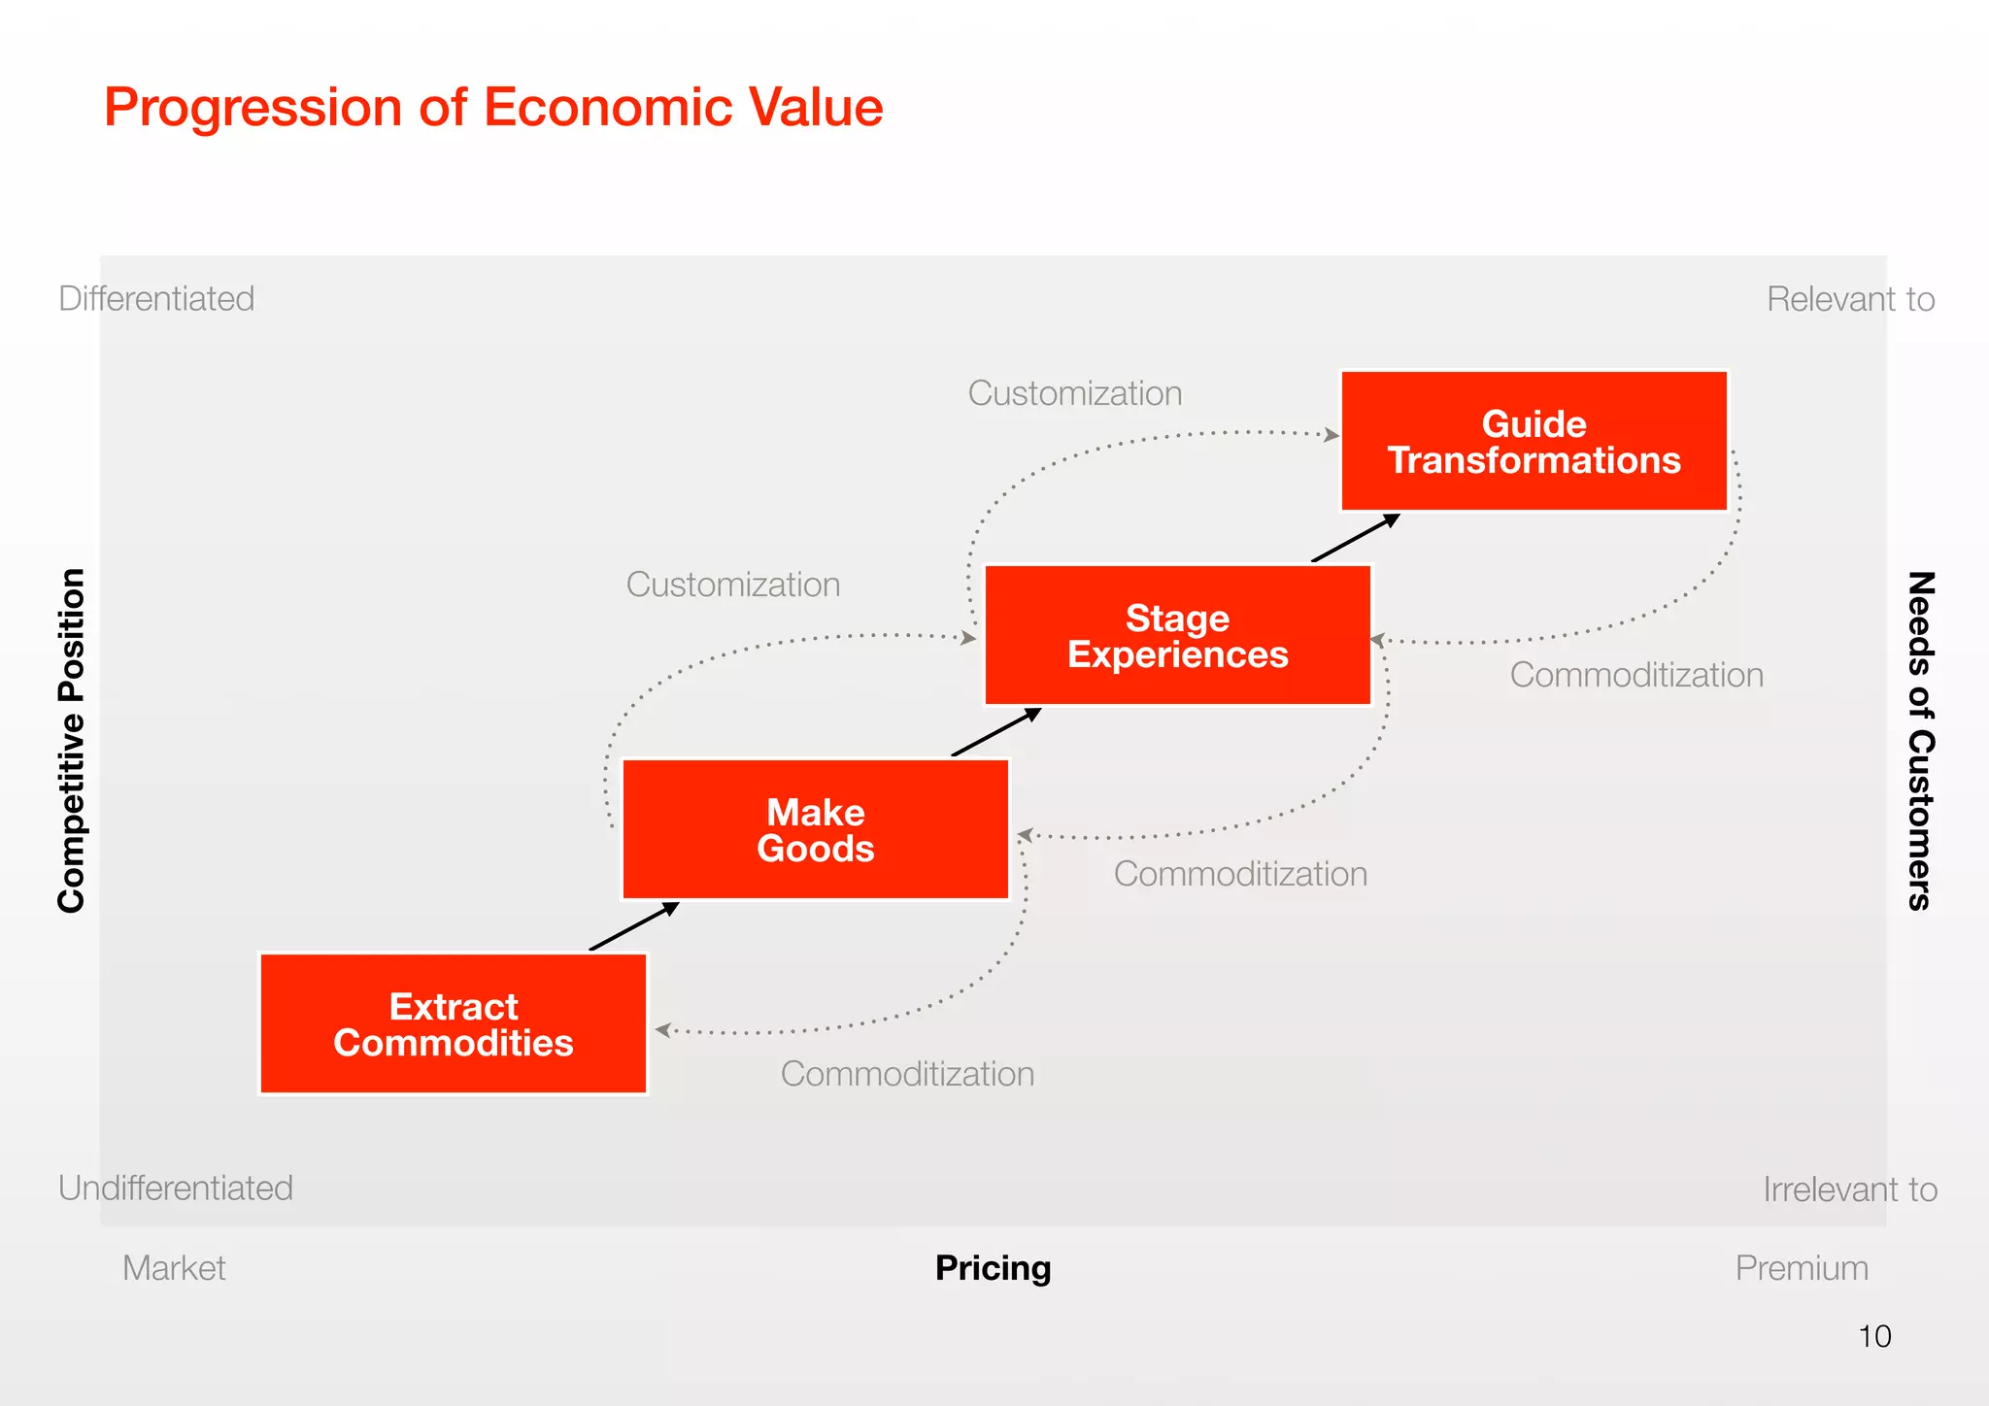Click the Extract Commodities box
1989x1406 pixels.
tap(453, 1024)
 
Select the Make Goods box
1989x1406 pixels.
tap(816, 830)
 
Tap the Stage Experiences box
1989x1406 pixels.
tap(1177, 636)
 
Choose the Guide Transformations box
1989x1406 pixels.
tap(1534, 442)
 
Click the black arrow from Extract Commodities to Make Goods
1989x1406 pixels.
tap(634, 926)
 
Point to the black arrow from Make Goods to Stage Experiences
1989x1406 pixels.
tap(996, 732)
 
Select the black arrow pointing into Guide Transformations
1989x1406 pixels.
tap(1356, 538)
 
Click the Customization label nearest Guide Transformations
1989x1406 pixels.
tap(1075, 393)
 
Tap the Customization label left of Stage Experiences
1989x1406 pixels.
tap(733, 585)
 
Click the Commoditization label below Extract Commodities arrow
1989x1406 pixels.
tap(907, 1074)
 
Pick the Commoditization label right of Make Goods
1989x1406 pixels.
tap(1240, 874)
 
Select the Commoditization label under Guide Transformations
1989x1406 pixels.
tap(1636, 675)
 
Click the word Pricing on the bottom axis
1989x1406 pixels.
tap(993, 1268)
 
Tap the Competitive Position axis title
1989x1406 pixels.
tap(72, 740)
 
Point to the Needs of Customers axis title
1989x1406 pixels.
tap(1920, 740)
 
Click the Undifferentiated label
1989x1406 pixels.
tap(176, 1188)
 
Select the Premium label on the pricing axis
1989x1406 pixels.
tap(1802, 1268)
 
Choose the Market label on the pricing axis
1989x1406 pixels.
tap(174, 1268)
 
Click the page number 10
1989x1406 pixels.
tap(1874, 1336)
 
